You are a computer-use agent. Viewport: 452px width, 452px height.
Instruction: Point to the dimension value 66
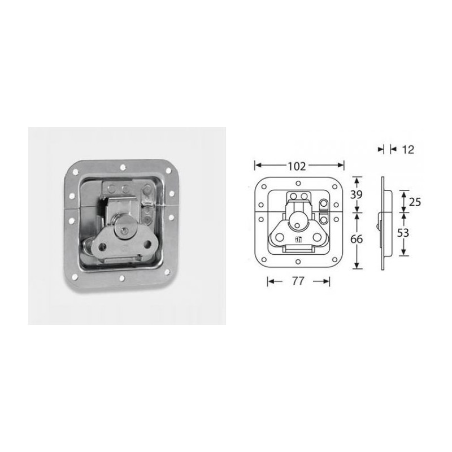(x=357, y=239)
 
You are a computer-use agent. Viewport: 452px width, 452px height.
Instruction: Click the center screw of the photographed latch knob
(x=123, y=230)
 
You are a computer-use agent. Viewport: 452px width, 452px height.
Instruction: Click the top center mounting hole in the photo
(x=123, y=167)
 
